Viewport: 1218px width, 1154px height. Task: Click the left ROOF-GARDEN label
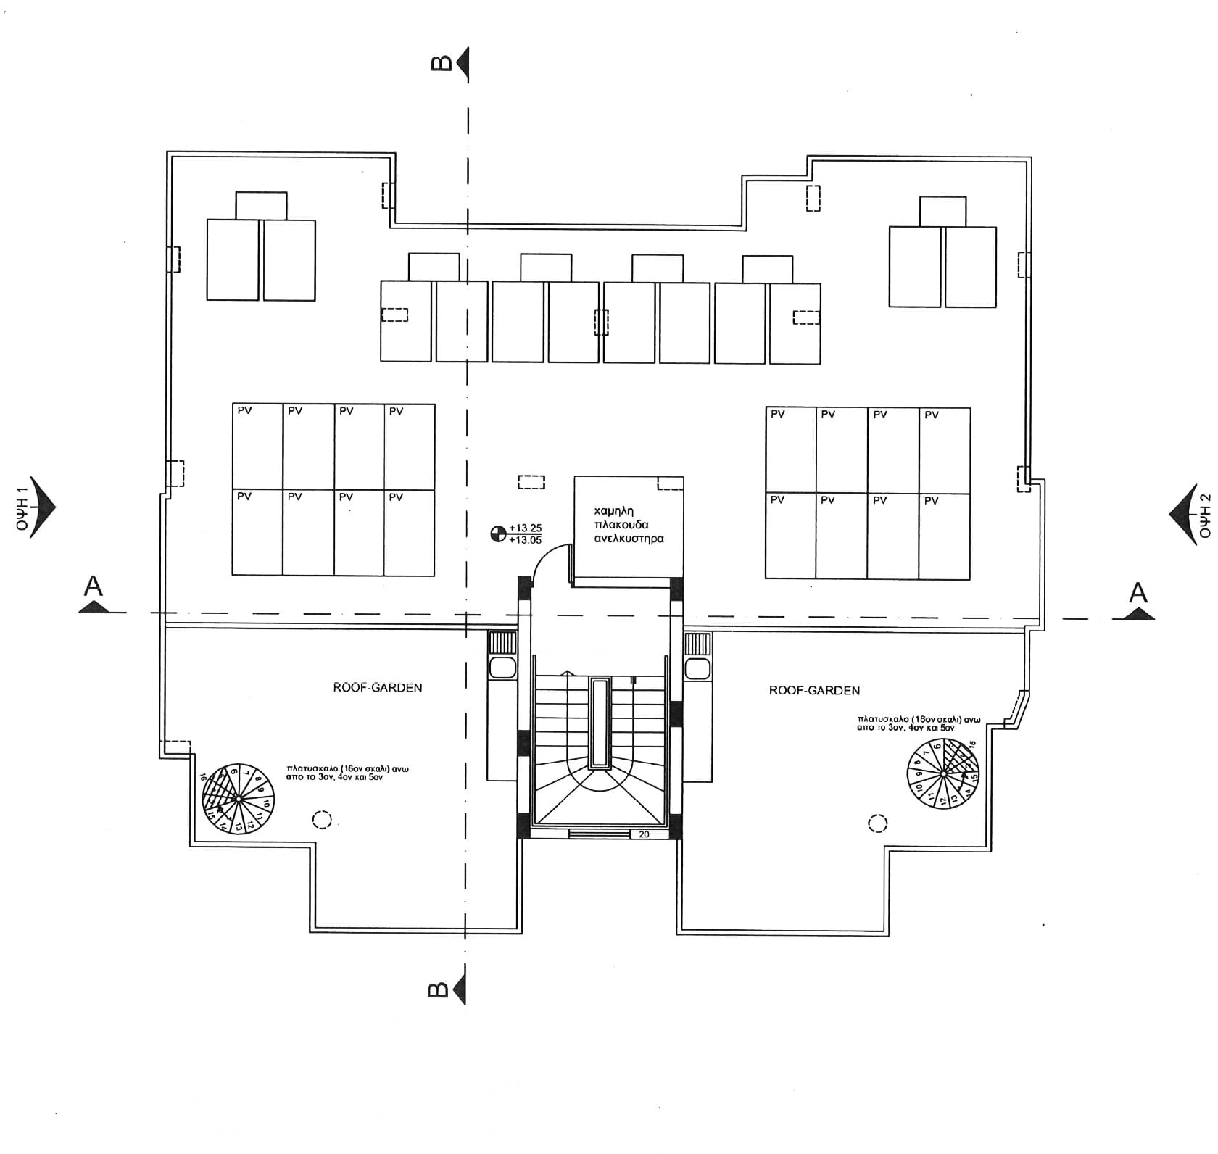pos(377,687)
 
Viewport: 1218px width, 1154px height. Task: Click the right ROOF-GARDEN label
pos(814,691)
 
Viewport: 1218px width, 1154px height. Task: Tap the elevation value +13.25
pos(526,528)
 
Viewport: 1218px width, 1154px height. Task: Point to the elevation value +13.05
pos(526,540)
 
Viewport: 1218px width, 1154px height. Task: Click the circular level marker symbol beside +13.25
pos(498,534)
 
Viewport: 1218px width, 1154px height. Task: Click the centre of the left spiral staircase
pos(239,798)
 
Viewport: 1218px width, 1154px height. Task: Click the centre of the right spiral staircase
pos(944,774)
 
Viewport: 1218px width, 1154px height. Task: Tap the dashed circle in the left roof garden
pos(322,820)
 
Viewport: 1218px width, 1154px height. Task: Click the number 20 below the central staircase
pos(644,834)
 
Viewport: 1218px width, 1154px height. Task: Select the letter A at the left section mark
pos(93,586)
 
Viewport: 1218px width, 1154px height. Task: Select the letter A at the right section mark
pos(1138,593)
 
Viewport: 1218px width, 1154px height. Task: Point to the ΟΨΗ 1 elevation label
pos(22,505)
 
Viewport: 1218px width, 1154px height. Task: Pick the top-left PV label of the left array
pos(244,411)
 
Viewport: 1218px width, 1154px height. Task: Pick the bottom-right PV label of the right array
pos(932,501)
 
